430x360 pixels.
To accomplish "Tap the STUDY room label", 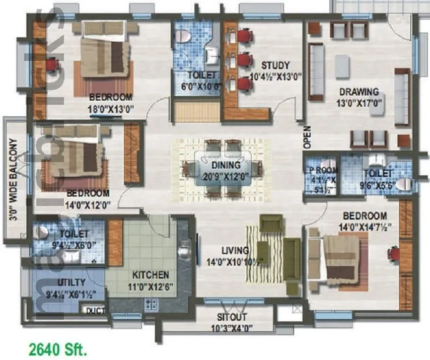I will pyautogui.click(x=275, y=65).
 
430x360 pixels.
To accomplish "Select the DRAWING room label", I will pyautogui.click(x=359, y=92).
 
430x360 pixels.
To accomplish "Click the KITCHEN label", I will pyautogui.click(x=150, y=275).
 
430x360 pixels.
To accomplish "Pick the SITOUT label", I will pyautogui.click(x=232, y=317).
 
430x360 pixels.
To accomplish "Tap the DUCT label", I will pyautogui.click(x=95, y=311).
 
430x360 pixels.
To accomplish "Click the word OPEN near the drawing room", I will pyautogui.click(x=307, y=137).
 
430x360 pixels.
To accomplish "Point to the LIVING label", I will pyautogui.click(x=235, y=251).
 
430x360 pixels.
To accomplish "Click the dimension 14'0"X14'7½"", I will pyautogui.click(x=367, y=227).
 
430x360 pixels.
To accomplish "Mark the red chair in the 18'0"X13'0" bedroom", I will pyautogui.click(x=50, y=65).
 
